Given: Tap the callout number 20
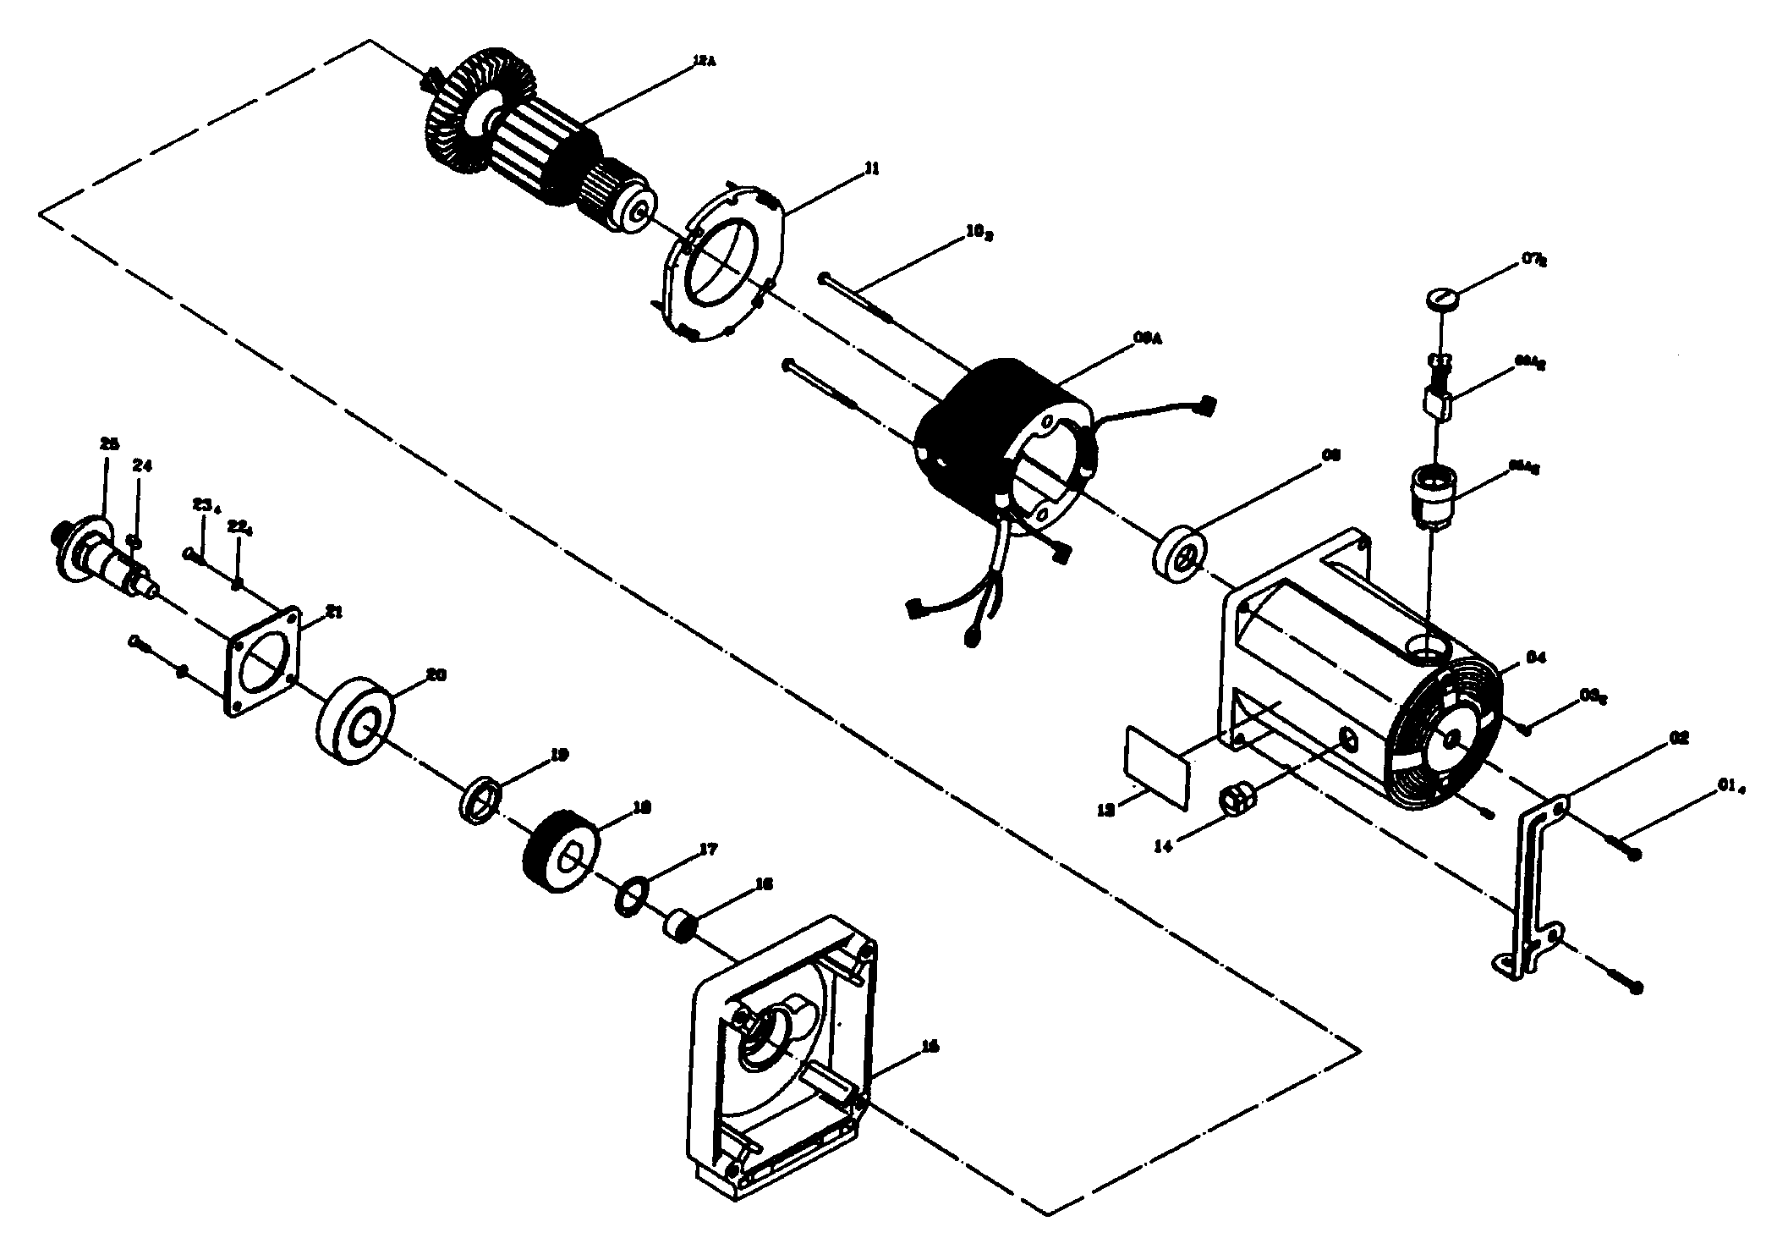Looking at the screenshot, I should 436,675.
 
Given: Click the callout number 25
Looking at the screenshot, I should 109,443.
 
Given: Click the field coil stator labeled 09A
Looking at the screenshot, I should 1006,448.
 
